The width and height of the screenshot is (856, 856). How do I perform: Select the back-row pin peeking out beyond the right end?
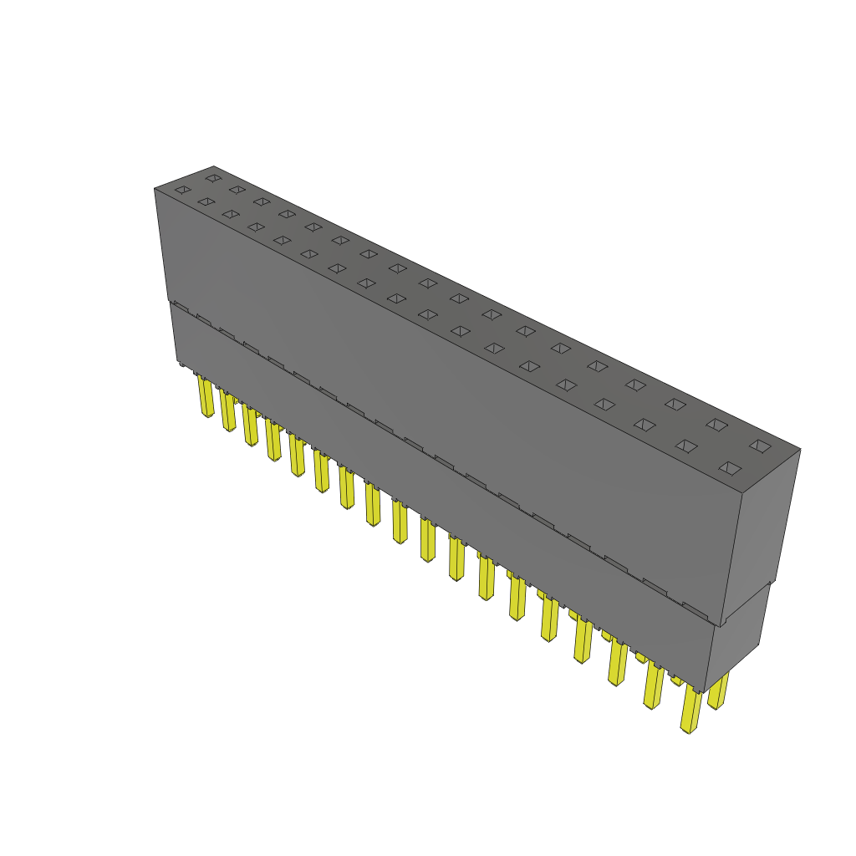pyautogui.click(x=718, y=691)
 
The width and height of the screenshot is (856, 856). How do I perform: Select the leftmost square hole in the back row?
pyautogui.click(x=213, y=178)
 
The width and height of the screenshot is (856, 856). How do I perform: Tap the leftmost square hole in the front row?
pyautogui.click(x=182, y=191)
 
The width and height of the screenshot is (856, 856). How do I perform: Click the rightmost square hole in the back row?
pyautogui.click(x=760, y=446)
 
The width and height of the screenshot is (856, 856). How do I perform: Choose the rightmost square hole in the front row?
pyautogui.click(x=730, y=468)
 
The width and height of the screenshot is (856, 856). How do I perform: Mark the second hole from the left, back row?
pyautogui.click(x=237, y=190)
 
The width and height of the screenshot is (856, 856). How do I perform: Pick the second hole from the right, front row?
pyautogui.click(x=686, y=446)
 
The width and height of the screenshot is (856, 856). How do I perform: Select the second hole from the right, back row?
pyautogui.click(x=716, y=425)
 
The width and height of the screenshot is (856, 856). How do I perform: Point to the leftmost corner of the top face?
pyautogui.click(x=155, y=189)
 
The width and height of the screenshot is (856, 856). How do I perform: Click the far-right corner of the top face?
pyautogui.click(x=799, y=450)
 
